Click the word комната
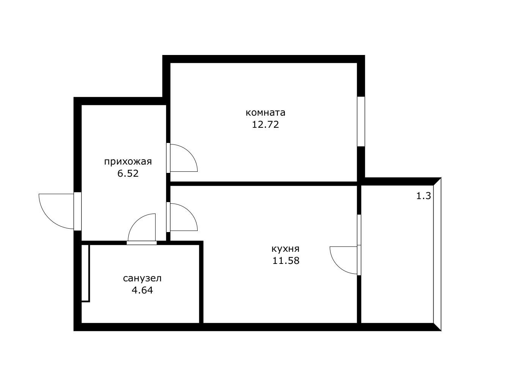click(x=266, y=113)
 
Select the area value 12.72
click(x=266, y=124)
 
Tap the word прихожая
click(x=128, y=162)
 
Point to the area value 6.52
click(x=128, y=174)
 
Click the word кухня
click(x=286, y=249)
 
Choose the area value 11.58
click(x=286, y=261)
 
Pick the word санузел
click(x=142, y=278)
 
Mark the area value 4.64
click(x=142, y=290)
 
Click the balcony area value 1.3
click(x=424, y=196)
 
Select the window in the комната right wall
click(x=361, y=121)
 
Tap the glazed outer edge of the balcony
click(x=437, y=254)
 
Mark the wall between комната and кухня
click(x=264, y=184)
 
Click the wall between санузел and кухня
click(x=201, y=282)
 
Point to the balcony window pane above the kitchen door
click(x=359, y=230)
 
